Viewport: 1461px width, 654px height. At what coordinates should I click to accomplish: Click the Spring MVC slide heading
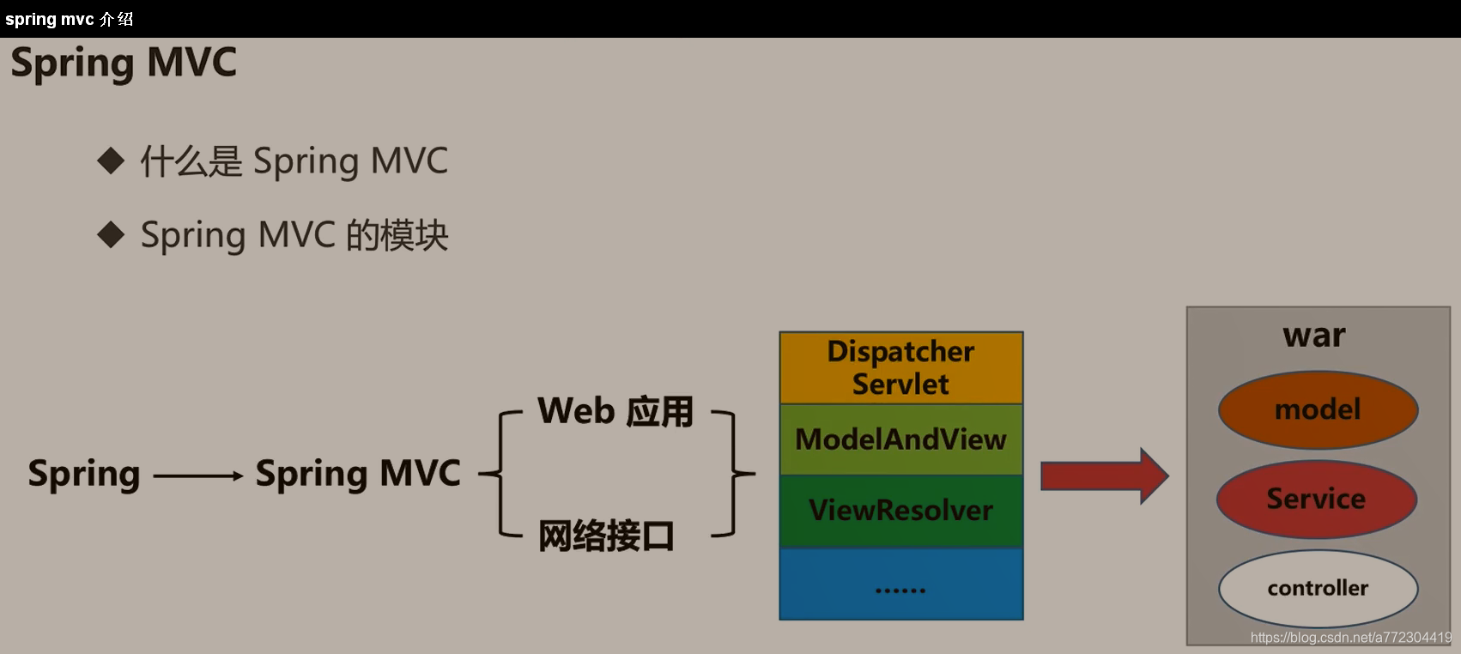click(x=124, y=64)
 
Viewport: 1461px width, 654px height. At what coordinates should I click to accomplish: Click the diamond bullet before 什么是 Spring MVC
click(x=112, y=160)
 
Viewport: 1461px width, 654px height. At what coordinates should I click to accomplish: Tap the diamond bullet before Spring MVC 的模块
click(x=112, y=234)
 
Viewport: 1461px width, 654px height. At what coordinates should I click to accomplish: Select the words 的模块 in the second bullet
click(x=397, y=235)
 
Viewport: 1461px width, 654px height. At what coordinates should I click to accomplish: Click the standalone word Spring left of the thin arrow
click(x=84, y=474)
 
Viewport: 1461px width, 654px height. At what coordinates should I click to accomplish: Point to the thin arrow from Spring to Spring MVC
click(x=197, y=475)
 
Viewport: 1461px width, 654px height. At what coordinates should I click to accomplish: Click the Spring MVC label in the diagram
click(x=358, y=474)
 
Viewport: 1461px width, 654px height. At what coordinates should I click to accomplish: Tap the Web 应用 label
click(x=615, y=412)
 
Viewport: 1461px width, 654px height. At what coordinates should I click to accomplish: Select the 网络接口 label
click(x=606, y=536)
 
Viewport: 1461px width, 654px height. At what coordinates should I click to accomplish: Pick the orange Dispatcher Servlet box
click(x=900, y=367)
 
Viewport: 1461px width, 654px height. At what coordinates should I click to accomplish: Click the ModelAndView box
click(x=900, y=439)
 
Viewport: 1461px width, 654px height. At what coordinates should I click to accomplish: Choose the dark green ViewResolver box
click(x=900, y=511)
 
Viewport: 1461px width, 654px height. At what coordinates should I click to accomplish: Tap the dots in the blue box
click(x=900, y=590)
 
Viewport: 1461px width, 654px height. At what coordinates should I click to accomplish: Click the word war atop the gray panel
click(x=1314, y=335)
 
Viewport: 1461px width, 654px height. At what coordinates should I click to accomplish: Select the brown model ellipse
click(x=1318, y=409)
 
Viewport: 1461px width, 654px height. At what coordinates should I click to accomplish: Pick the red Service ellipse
click(x=1316, y=499)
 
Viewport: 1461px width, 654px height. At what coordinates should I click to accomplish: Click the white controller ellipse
click(x=1318, y=588)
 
